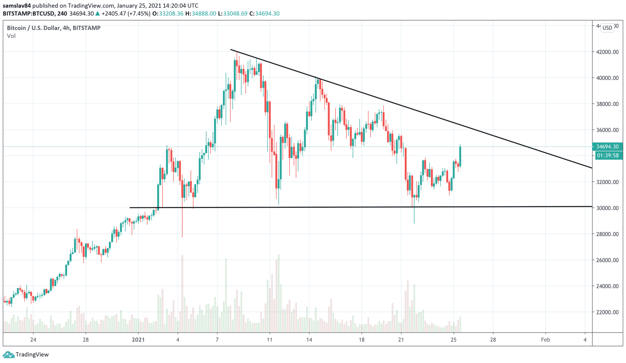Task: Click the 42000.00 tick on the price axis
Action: (607, 52)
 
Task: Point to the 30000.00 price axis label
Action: (607, 208)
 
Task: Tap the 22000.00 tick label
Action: (607, 312)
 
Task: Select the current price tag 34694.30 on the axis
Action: (607, 147)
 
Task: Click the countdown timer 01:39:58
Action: (608, 156)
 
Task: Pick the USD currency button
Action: (607, 28)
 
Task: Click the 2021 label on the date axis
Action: (138, 340)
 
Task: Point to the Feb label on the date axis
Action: (545, 340)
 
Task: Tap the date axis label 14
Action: (309, 340)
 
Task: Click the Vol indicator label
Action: (11, 36)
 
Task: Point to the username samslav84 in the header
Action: (17, 6)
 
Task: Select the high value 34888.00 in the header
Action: (204, 14)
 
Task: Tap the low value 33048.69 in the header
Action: (235, 14)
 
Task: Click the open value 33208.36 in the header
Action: (171, 14)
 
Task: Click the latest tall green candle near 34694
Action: (460, 156)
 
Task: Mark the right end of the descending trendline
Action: (591, 168)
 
